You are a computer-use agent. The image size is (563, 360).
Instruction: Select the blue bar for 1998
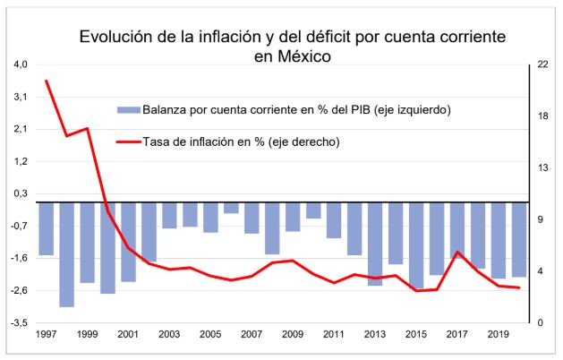66,254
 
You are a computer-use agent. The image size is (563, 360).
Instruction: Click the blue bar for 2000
107,248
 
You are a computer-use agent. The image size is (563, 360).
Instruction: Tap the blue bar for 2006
231,208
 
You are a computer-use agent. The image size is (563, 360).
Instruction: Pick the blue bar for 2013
374,244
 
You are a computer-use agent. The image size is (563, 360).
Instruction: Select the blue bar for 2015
415,245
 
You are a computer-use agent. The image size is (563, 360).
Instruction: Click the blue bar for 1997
46,228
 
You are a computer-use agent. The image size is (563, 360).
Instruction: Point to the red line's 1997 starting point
46,81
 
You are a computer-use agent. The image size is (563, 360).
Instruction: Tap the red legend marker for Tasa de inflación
128,141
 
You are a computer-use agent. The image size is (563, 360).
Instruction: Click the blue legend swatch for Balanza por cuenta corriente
128,110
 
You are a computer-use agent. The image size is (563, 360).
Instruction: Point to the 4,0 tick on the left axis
21,64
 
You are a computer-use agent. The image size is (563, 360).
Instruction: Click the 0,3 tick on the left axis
21,193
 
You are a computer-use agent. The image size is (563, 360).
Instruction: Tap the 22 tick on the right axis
542,64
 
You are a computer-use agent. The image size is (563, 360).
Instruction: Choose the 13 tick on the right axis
542,167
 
